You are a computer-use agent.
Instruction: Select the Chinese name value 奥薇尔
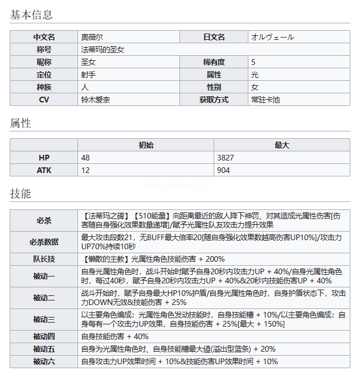92,37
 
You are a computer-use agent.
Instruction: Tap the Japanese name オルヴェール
272,37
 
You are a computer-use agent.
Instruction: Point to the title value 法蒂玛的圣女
103,50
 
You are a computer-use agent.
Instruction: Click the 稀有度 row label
214,62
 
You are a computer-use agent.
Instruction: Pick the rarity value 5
253,62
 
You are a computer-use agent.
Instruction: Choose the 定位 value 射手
88,75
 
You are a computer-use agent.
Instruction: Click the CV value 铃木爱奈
96,100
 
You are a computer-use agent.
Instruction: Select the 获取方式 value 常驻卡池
265,100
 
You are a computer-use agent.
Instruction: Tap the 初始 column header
146,145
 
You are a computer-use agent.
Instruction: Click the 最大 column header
282,145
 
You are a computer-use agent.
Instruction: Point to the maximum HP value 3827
226,158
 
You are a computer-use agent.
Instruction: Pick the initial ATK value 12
85,170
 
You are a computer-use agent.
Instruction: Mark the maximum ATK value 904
223,170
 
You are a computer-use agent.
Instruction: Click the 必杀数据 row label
44,242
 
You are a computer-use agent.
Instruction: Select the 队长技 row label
44,259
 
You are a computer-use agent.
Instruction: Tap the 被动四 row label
44,336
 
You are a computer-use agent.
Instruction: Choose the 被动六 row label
44,361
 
